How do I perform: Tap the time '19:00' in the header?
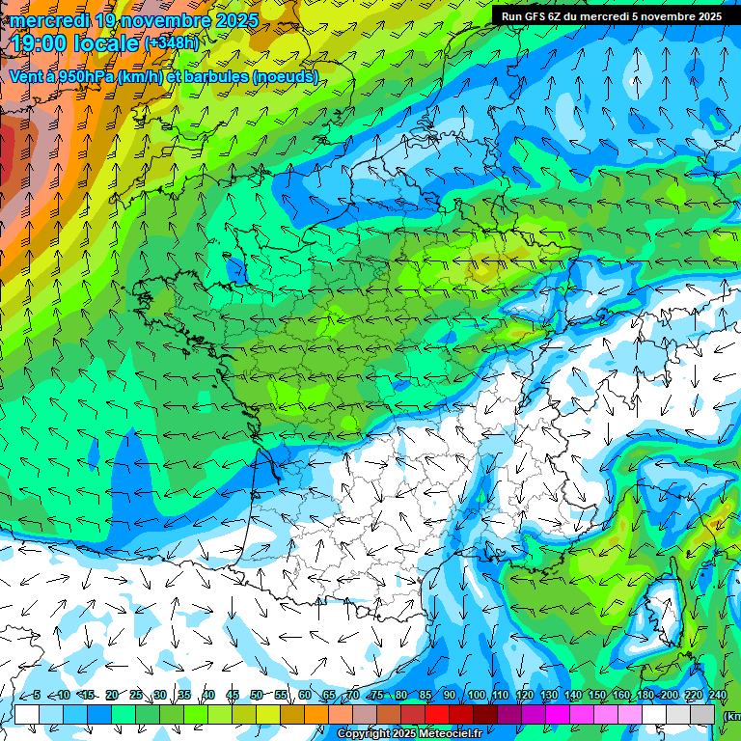click(x=42, y=43)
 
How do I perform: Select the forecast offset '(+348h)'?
click(x=172, y=43)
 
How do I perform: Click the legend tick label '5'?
click(x=37, y=695)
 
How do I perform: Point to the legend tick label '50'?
click(x=256, y=695)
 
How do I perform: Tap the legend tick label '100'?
click(x=476, y=695)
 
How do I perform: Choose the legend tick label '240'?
click(x=717, y=695)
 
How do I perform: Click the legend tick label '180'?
click(x=645, y=695)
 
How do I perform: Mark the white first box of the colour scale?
click(x=27, y=714)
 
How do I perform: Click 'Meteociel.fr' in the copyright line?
click(x=450, y=734)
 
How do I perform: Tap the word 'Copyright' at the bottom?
click(x=364, y=734)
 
